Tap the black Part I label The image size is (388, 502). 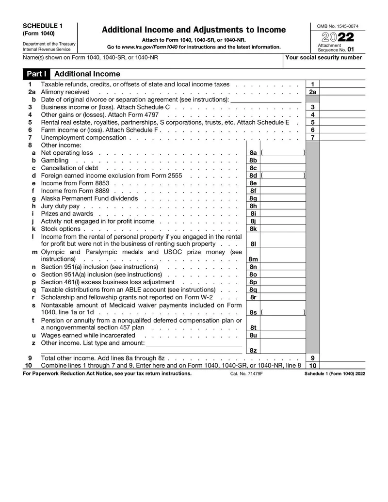(x=36, y=74)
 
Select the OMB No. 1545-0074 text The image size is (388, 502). (x=338, y=26)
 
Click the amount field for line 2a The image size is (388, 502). (x=342, y=92)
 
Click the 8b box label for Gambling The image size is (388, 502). (x=253, y=161)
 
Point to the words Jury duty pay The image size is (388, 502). (x=60, y=206)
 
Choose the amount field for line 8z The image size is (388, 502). (x=283, y=350)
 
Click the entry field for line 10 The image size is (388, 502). (x=342, y=365)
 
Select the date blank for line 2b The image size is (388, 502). (x=266, y=99)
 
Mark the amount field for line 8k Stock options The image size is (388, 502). (x=283, y=229)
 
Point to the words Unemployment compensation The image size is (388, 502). (x=83, y=138)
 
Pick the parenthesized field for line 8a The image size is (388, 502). (x=283, y=153)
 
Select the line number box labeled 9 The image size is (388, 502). (x=313, y=357)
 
